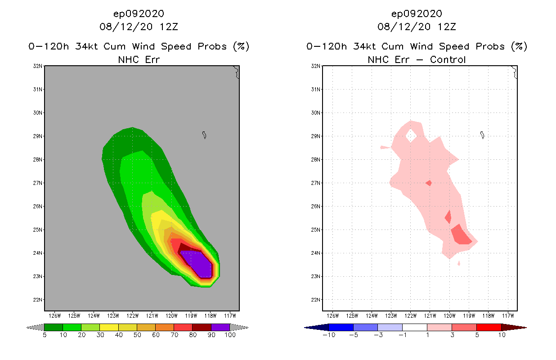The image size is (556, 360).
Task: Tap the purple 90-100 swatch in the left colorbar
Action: [220, 327]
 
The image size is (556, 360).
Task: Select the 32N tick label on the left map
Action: [38, 66]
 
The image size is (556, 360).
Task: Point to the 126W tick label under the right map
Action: [332, 315]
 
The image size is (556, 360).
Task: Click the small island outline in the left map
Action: [204, 135]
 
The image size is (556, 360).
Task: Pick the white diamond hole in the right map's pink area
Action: [411, 135]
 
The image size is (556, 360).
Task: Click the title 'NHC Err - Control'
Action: [417, 59]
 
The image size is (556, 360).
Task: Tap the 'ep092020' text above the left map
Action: [139, 13]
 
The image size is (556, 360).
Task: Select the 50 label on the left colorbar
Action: [137, 335]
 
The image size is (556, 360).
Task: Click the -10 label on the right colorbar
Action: [328, 335]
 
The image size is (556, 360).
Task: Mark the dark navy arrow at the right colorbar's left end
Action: [316, 327]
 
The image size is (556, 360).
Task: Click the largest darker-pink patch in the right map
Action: [461, 234]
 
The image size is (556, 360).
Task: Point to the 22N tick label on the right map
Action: [316, 300]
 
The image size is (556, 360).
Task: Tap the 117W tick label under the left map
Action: [230, 315]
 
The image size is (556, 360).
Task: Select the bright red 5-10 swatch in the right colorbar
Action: [489, 327]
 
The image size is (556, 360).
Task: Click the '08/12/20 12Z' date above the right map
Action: [417, 27]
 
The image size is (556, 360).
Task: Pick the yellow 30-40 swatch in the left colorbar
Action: [109, 327]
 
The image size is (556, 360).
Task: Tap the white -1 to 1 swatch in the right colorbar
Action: [414, 327]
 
